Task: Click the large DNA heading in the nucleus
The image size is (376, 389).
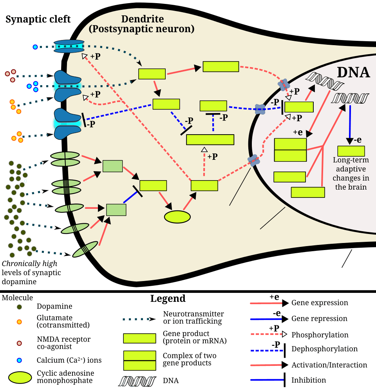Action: tap(353, 72)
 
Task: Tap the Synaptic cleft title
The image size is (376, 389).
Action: tap(38, 19)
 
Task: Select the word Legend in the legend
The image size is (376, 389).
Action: tap(168, 298)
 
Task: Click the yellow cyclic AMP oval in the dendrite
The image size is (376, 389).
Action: tap(177, 217)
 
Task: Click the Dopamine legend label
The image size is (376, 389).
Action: tap(54, 306)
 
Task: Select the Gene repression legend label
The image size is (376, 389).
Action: tap(319, 318)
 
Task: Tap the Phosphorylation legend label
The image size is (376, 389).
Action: tap(320, 335)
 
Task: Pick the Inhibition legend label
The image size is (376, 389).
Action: tap(309, 380)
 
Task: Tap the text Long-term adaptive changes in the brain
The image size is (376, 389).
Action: tap(351, 173)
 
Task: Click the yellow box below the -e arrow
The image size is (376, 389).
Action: tap(351, 151)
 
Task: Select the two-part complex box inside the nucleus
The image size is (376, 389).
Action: tap(290, 150)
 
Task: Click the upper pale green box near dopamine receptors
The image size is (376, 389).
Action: tap(112, 166)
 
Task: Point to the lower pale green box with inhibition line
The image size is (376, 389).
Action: tap(116, 210)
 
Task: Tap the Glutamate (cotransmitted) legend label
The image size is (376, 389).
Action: tap(63, 321)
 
